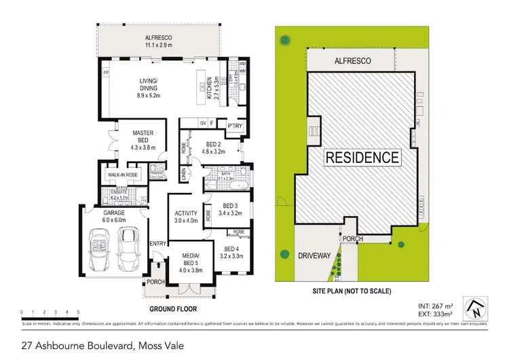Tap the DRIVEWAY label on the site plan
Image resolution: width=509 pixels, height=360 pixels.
pyautogui.click(x=315, y=256)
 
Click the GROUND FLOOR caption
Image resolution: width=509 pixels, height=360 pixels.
pyautogui.click(x=177, y=308)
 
